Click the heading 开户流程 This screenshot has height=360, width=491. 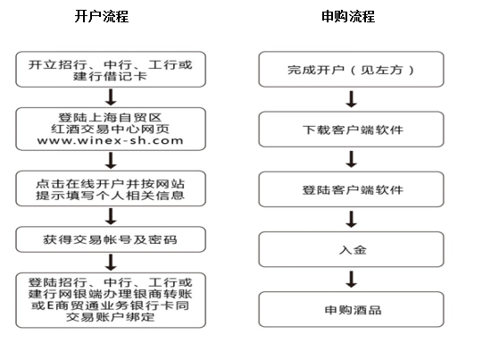point(102,16)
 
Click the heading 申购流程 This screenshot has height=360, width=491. point(348,16)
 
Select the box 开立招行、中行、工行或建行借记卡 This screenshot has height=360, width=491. point(111,70)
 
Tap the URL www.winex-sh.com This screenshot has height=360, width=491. point(110,140)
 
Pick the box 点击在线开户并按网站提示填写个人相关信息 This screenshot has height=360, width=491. point(111,188)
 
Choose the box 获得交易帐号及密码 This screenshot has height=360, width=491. point(111,239)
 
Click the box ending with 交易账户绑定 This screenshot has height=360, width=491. point(111,300)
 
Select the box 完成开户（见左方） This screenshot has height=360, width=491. point(351,70)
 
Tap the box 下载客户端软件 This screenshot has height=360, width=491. point(351,130)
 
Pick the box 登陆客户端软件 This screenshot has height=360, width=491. point(351,189)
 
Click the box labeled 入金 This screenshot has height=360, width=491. point(351,249)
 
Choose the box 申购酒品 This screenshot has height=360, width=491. point(351,310)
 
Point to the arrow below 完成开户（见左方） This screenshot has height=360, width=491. point(352,99)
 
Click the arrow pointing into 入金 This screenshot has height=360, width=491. point(352,219)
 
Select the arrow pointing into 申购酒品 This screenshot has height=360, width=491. point(352,280)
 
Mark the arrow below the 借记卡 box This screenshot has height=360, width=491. point(111,97)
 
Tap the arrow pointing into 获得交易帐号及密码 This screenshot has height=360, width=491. point(111,216)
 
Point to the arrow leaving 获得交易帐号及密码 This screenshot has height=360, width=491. point(111,263)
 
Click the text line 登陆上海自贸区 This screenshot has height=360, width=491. point(110,118)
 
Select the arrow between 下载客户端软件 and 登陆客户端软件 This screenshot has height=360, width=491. point(352,159)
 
